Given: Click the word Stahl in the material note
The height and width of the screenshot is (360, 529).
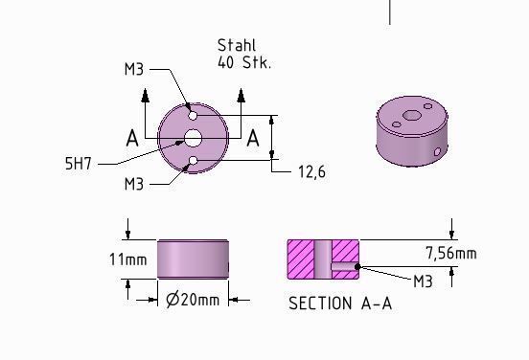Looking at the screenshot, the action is (x=237, y=46).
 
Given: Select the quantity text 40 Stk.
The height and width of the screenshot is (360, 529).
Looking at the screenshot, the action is (x=244, y=62).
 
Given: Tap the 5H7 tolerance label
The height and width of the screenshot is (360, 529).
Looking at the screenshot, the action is (x=79, y=164).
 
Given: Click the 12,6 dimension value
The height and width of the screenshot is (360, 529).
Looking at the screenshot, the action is (x=312, y=172).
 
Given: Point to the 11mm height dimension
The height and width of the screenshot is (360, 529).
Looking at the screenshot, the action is (x=128, y=259).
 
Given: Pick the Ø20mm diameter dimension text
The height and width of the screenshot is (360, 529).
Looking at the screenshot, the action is (x=193, y=300).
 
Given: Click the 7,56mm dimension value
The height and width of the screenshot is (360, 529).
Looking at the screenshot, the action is (x=451, y=253).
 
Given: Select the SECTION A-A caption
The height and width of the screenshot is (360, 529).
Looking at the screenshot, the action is (x=340, y=304).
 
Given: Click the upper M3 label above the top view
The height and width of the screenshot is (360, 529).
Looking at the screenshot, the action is (x=134, y=70).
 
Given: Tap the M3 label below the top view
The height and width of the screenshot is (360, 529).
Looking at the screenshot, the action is (x=134, y=184).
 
